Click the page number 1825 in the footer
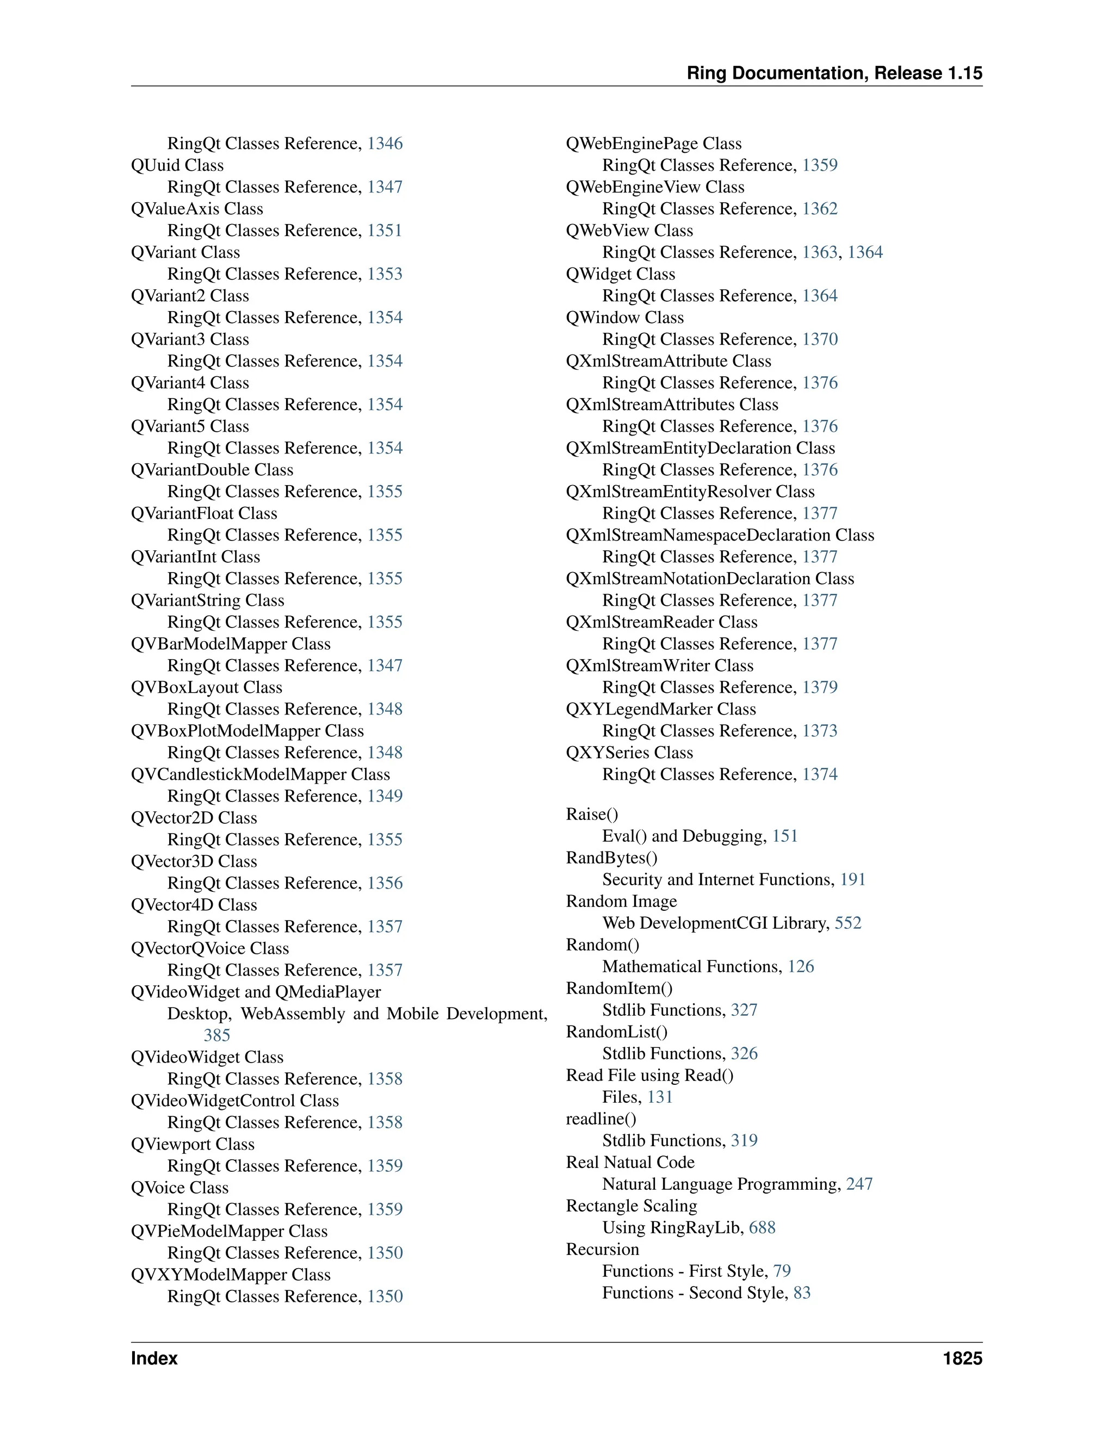point(962,1358)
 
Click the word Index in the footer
point(154,1358)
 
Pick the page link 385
point(216,1035)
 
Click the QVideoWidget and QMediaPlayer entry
point(256,992)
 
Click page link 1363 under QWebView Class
point(819,252)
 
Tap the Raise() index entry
point(592,814)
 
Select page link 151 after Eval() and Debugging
point(785,836)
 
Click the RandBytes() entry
point(611,858)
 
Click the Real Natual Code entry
point(629,1162)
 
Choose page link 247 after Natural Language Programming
point(859,1184)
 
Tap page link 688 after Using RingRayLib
point(762,1227)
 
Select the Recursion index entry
point(603,1249)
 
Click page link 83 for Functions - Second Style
point(802,1293)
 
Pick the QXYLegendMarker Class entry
point(660,709)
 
